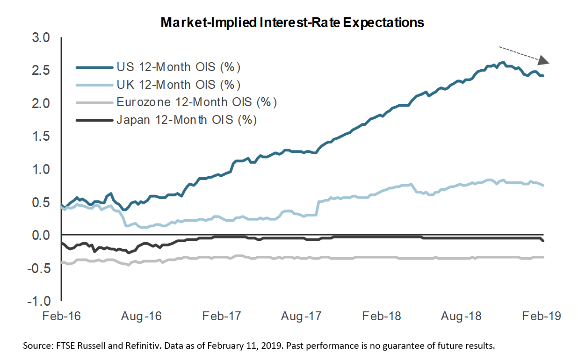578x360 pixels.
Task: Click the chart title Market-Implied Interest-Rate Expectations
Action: click(x=292, y=22)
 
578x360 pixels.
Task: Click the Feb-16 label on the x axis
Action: click(x=61, y=316)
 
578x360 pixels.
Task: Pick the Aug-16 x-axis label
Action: click(x=142, y=316)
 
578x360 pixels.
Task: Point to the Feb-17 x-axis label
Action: click(x=222, y=316)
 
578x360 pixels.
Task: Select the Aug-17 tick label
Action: click(x=302, y=316)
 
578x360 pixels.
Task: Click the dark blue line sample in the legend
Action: click(x=94, y=67)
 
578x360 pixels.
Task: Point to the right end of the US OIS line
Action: click(x=543, y=76)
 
